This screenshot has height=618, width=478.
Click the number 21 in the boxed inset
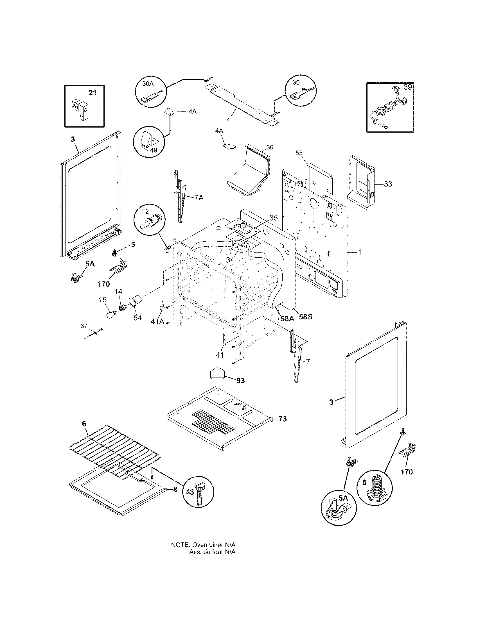[x=93, y=92]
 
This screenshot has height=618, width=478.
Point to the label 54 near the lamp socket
[x=137, y=317]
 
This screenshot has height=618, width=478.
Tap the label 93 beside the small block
[x=240, y=381]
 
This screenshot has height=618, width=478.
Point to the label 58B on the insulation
[x=306, y=317]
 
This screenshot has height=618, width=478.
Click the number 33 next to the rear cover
[x=388, y=184]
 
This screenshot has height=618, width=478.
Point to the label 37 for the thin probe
[x=84, y=326]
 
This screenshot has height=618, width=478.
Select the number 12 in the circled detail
[x=145, y=212]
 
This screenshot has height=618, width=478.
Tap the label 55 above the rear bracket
[x=299, y=153]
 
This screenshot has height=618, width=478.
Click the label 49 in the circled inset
[x=153, y=150]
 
